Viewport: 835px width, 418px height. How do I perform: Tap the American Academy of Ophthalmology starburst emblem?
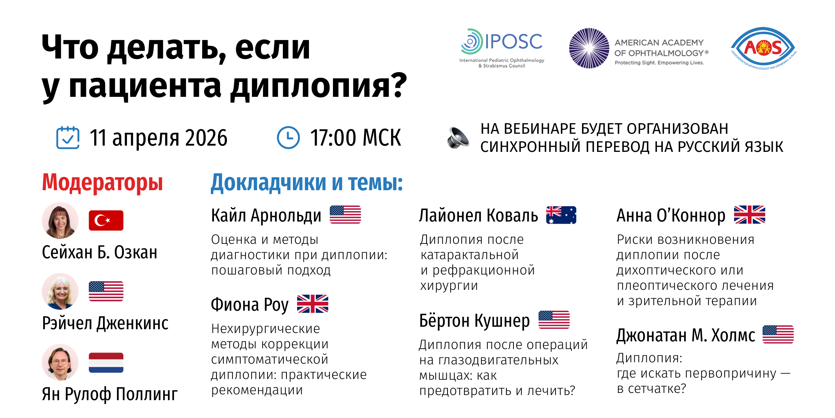point(589,48)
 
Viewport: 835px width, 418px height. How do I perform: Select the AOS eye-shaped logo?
point(764,48)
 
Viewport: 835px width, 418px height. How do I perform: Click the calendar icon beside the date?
point(68,138)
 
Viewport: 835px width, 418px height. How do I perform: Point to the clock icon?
point(288,138)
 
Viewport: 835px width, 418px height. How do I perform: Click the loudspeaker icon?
point(458,138)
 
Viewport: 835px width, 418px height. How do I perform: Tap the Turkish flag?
point(106,220)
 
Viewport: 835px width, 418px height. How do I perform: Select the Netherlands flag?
point(106,363)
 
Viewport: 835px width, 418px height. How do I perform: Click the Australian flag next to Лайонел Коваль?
point(561,215)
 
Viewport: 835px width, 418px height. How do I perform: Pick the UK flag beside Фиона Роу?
point(312,304)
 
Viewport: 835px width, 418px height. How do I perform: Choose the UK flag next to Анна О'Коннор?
point(749,215)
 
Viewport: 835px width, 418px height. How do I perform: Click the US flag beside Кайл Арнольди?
point(345,215)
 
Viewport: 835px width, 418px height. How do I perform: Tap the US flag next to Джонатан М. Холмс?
point(778,334)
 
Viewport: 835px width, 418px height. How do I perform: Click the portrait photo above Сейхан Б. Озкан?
point(60,220)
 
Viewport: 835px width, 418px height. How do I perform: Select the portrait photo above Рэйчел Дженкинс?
point(60,291)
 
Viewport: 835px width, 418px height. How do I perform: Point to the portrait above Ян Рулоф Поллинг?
point(60,362)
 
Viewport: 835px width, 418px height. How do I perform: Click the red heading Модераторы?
point(102,183)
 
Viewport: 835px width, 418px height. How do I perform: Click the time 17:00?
point(333,138)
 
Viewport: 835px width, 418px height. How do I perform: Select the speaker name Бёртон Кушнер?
point(475,321)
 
